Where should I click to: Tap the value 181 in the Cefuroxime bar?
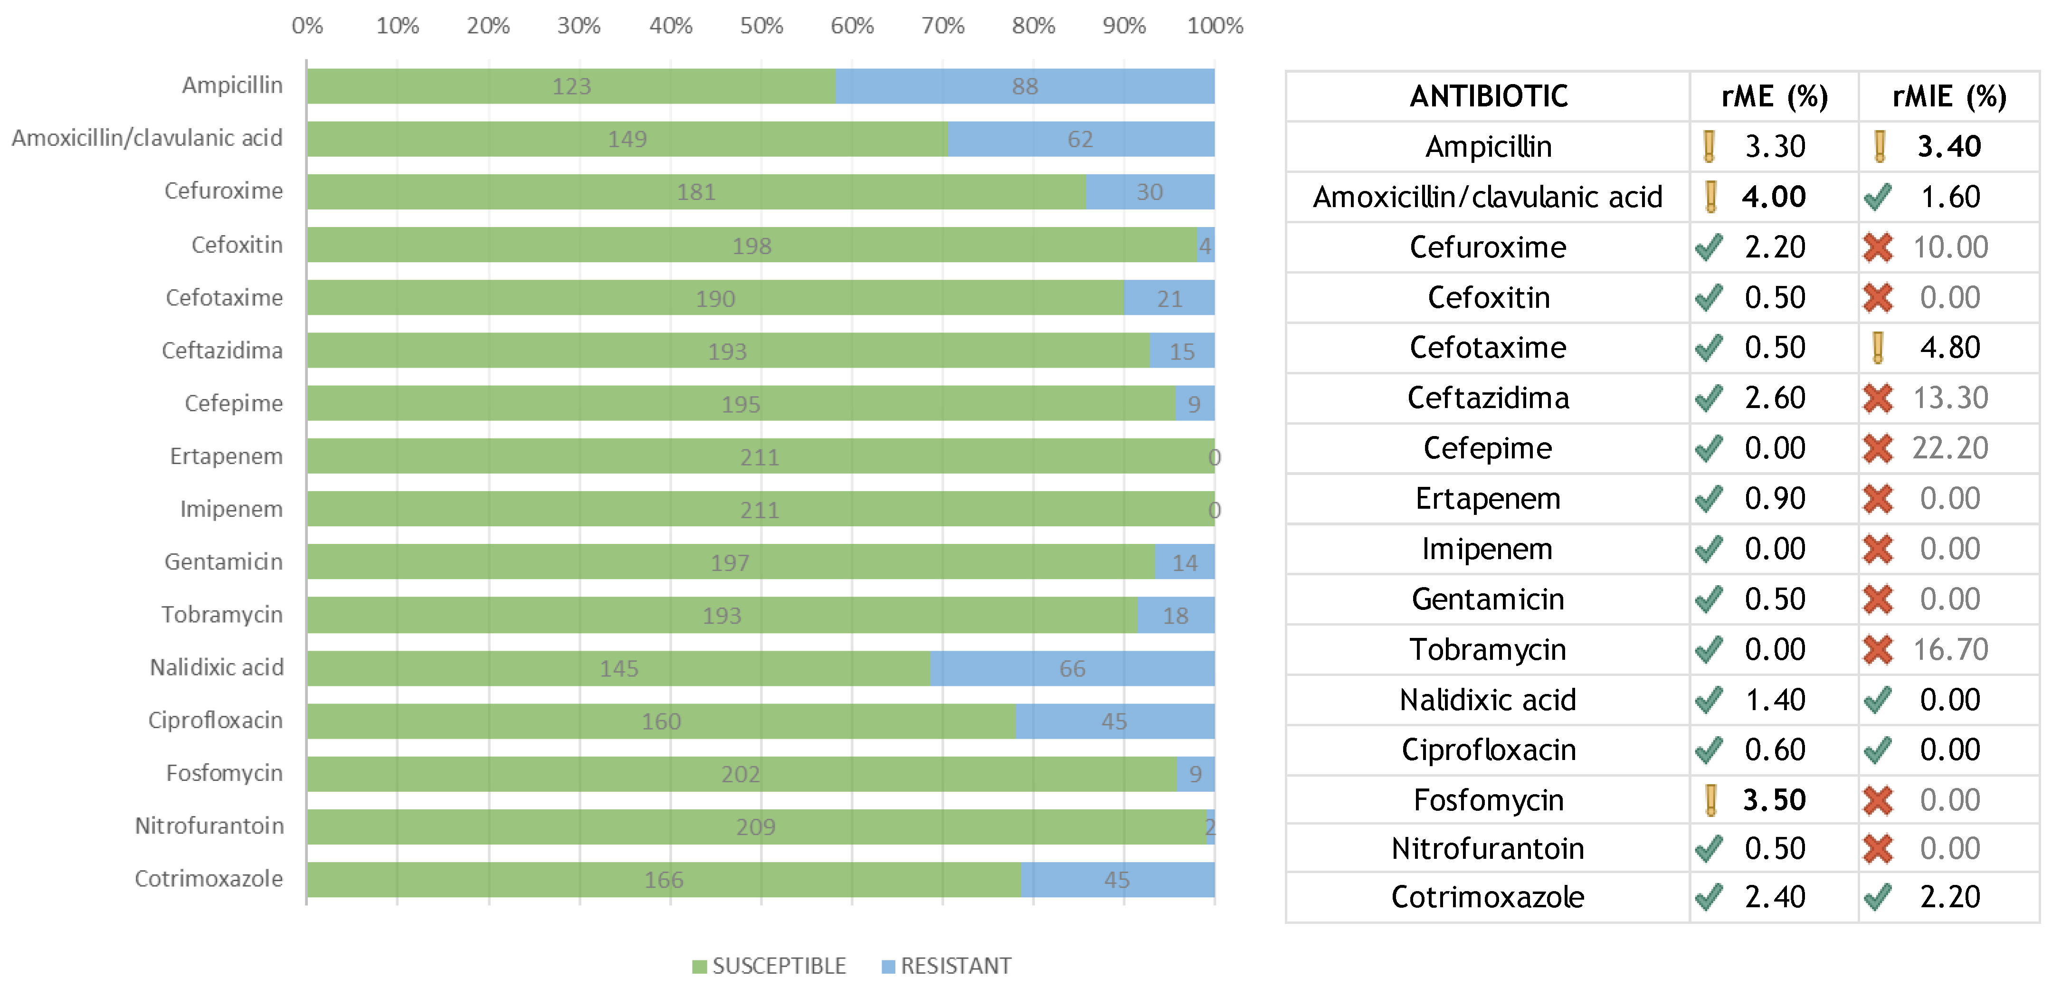(695, 192)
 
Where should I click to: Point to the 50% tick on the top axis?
(761, 26)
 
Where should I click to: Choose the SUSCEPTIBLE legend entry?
(769, 966)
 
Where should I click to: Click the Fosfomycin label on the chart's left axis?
(224, 773)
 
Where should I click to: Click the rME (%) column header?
(1774, 97)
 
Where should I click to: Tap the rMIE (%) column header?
(1948, 97)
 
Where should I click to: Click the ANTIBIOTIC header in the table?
(1488, 97)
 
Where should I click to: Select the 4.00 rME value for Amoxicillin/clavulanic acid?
(1774, 197)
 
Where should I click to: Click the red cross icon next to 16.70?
(1877, 650)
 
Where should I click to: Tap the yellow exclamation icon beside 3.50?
(1710, 800)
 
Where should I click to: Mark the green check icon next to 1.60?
(1877, 197)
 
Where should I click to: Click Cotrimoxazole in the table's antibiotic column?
(1487, 897)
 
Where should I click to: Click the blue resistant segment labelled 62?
(1080, 139)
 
